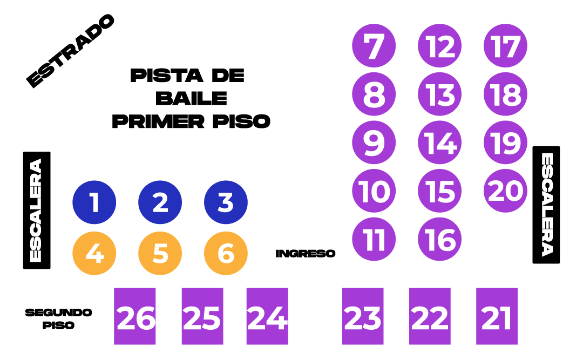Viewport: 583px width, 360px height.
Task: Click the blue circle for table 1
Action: coord(94,202)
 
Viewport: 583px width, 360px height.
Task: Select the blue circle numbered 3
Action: coord(226,202)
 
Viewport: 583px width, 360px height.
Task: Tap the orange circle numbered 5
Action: coord(160,253)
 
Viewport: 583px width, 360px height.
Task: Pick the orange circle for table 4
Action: coord(94,253)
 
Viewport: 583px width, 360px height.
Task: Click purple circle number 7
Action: coord(374,46)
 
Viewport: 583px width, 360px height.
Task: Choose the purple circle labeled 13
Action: coord(440,94)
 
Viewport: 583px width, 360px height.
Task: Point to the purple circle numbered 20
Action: coord(505,191)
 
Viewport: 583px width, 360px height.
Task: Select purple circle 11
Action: coord(374,239)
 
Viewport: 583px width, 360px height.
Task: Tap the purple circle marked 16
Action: coord(440,239)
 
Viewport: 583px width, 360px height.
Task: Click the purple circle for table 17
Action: coord(505,46)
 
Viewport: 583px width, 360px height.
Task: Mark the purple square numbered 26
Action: coord(135,316)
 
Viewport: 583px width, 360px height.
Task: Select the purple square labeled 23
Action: coord(363,316)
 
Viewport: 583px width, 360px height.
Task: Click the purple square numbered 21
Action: coord(497,316)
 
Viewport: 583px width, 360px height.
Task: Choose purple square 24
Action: coord(267,316)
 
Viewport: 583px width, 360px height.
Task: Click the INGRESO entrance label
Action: coord(306,253)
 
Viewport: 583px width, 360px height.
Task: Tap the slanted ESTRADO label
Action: coord(71,51)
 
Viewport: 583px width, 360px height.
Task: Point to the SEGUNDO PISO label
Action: coord(58,319)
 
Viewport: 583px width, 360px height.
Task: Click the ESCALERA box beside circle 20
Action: coord(546,205)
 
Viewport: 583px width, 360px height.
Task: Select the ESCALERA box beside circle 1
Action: coord(37,210)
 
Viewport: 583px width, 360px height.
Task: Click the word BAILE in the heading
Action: coord(191,98)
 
